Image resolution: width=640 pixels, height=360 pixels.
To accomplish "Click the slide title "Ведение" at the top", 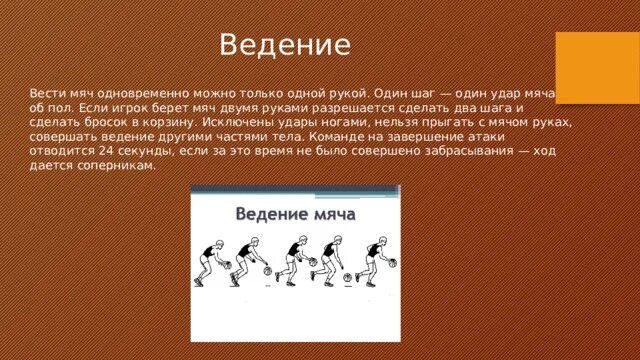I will (x=285, y=45).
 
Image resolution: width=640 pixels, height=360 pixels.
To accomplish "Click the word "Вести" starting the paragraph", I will (x=49, y=89).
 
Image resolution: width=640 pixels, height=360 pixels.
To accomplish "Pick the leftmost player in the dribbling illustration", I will (x=208, y=262).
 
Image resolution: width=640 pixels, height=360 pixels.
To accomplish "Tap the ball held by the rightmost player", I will (x=391, y=263).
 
